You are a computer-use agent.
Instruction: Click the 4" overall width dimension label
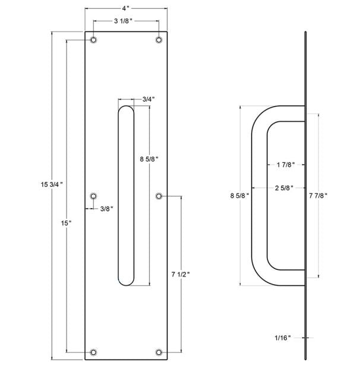(x=126, y=9)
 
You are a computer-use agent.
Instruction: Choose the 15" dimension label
(x=66, y=223)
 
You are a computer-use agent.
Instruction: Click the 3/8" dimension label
(x=106, y=208)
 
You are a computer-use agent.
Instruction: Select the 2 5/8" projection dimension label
(x=286, y=188)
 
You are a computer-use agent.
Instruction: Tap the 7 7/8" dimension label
(x=318, y=194)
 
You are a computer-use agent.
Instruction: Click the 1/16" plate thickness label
(x=283, y=338)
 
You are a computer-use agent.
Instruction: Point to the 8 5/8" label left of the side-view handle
(x=239, y=194)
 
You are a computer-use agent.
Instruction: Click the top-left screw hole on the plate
(x=93, y=40)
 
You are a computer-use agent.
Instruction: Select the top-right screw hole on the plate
(x=159, y=40)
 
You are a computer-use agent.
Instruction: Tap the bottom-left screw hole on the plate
(x=93, y=353)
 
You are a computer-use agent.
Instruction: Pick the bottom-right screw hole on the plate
(x=159, y=353)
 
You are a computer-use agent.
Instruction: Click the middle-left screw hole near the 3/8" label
(x=93, y=196)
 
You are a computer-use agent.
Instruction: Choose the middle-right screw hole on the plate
(x=159, y=196)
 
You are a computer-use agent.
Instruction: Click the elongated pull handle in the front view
(x=126, y=196)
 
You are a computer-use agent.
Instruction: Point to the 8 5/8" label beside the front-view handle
(x=149, y=159)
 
